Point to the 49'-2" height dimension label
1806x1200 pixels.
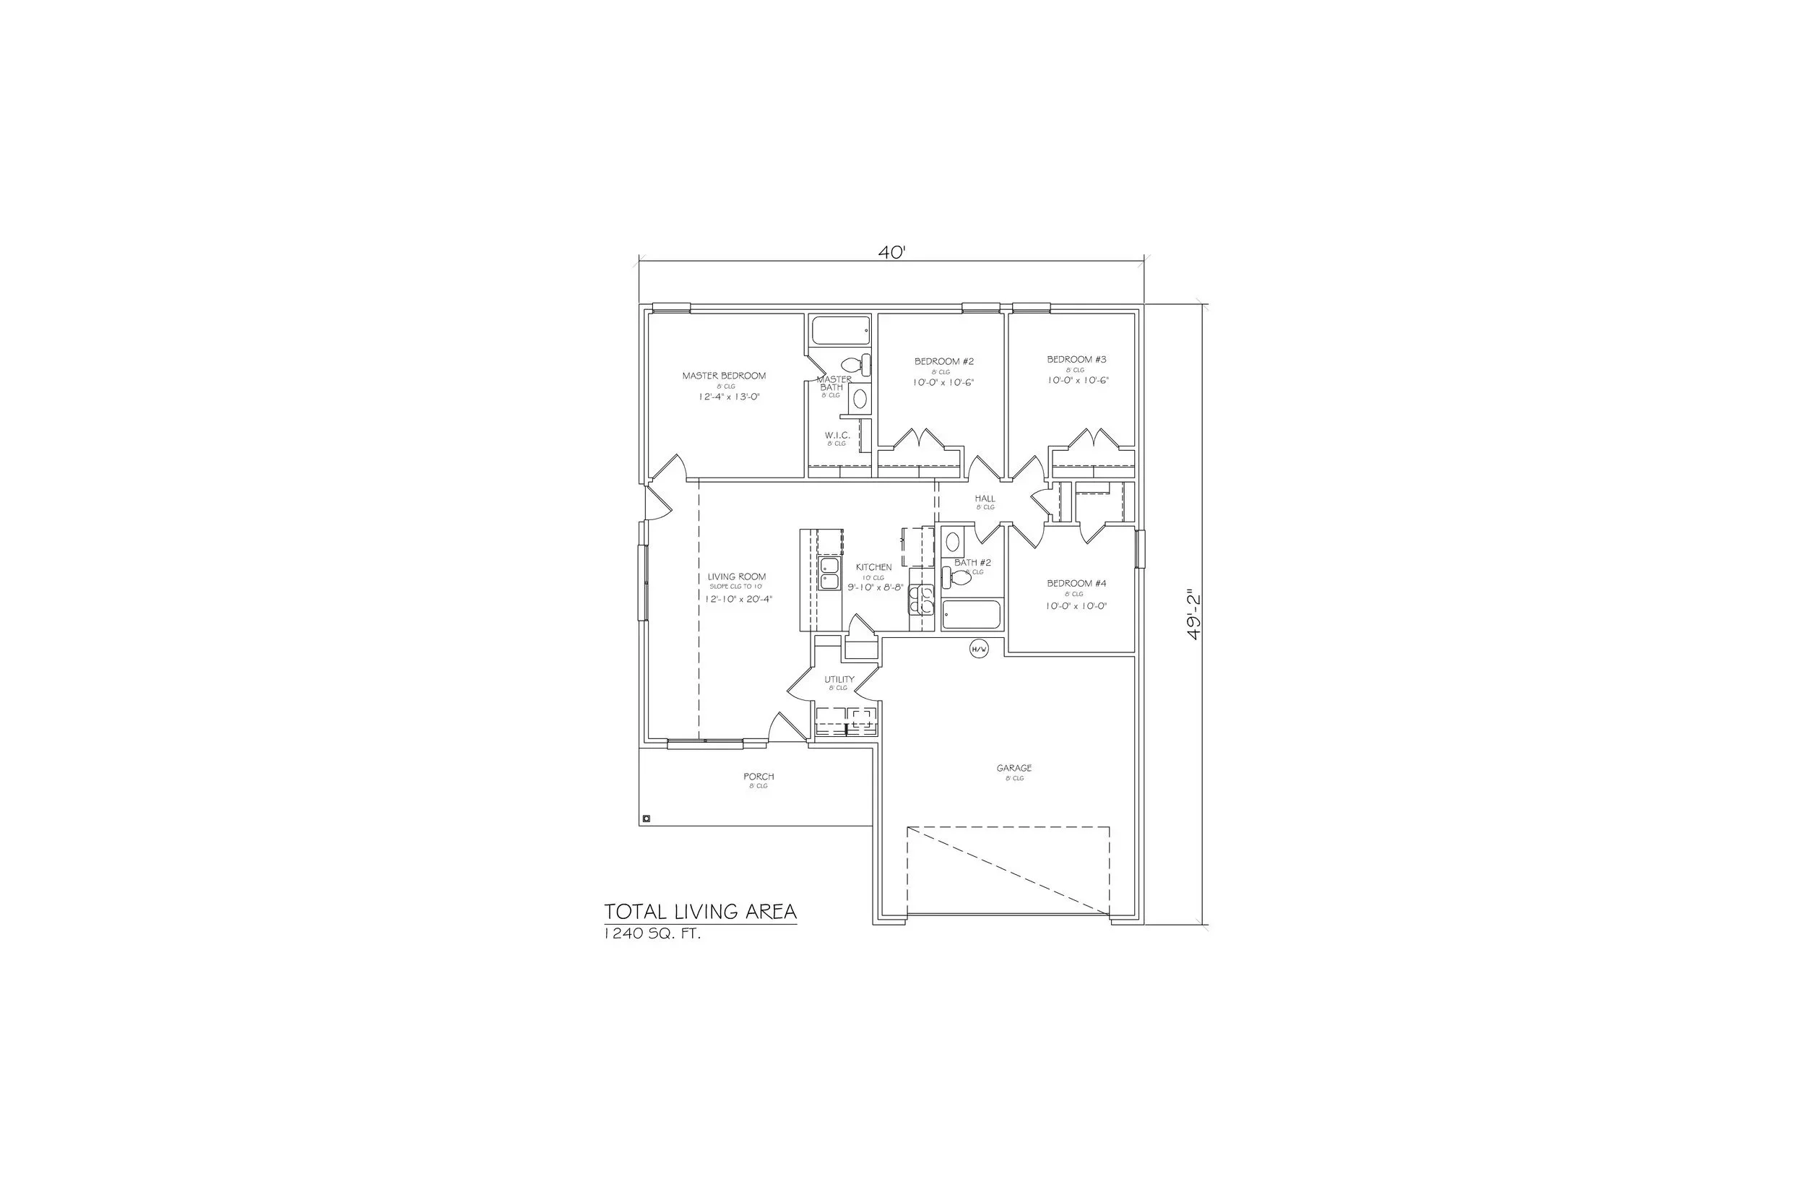click(x=1193, y=614)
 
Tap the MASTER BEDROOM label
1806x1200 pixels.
click(x=724, y=376)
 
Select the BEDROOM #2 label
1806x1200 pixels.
click(x=943, y=361)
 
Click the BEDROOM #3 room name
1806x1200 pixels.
click(x=1076, y=359)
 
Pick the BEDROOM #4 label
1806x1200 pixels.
click(x=1076, y=583)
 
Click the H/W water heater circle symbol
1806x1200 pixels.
click(x=979, y=649)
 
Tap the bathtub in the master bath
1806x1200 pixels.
click(x=841, y=331)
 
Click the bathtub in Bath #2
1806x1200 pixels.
click(x=971, y=615)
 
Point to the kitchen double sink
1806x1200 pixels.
click(x=829, y=574)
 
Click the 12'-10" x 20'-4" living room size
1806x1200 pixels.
click(x=739, y=599)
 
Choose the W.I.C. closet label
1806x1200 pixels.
click(x=837, y=436)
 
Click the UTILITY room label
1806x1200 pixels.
click(x=839, y=680)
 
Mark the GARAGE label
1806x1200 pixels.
click(x=1014, y=767)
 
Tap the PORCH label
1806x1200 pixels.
click(x=759, y=777)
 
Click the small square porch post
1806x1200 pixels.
click(x=647, y=819)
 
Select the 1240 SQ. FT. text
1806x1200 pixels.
click(x=653, y=933)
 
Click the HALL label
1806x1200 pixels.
click(x=985, y=498)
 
